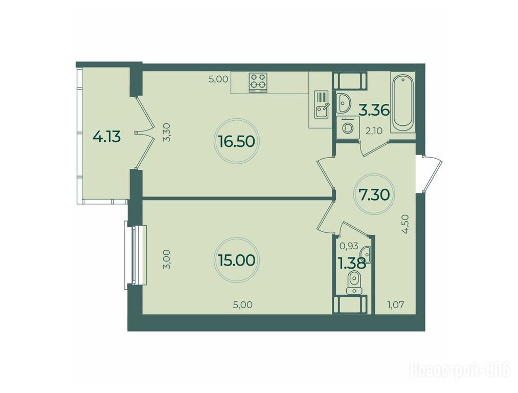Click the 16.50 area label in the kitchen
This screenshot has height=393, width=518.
[x=237, y=141]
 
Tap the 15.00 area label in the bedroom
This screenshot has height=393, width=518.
[x=237, y=260]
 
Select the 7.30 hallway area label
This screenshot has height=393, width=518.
[x=374, y=195]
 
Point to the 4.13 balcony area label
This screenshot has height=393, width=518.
[x=107, y=136]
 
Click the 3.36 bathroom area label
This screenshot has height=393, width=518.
[x=375, y=110]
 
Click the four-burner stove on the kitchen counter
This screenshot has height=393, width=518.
[x=258, y=82]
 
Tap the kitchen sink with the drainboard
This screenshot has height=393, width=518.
[x=321, y=104]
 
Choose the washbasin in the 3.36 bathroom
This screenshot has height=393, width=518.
[x=344, y=103]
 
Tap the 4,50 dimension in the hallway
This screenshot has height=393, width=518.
[x=406, y=224]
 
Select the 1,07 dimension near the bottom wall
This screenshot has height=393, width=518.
[x=395, y=304]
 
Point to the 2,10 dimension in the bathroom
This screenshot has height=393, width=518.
[x=373, y=131]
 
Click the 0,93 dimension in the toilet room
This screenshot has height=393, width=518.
[x=349, y=246]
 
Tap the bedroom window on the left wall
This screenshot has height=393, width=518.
[x=135, y=255]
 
